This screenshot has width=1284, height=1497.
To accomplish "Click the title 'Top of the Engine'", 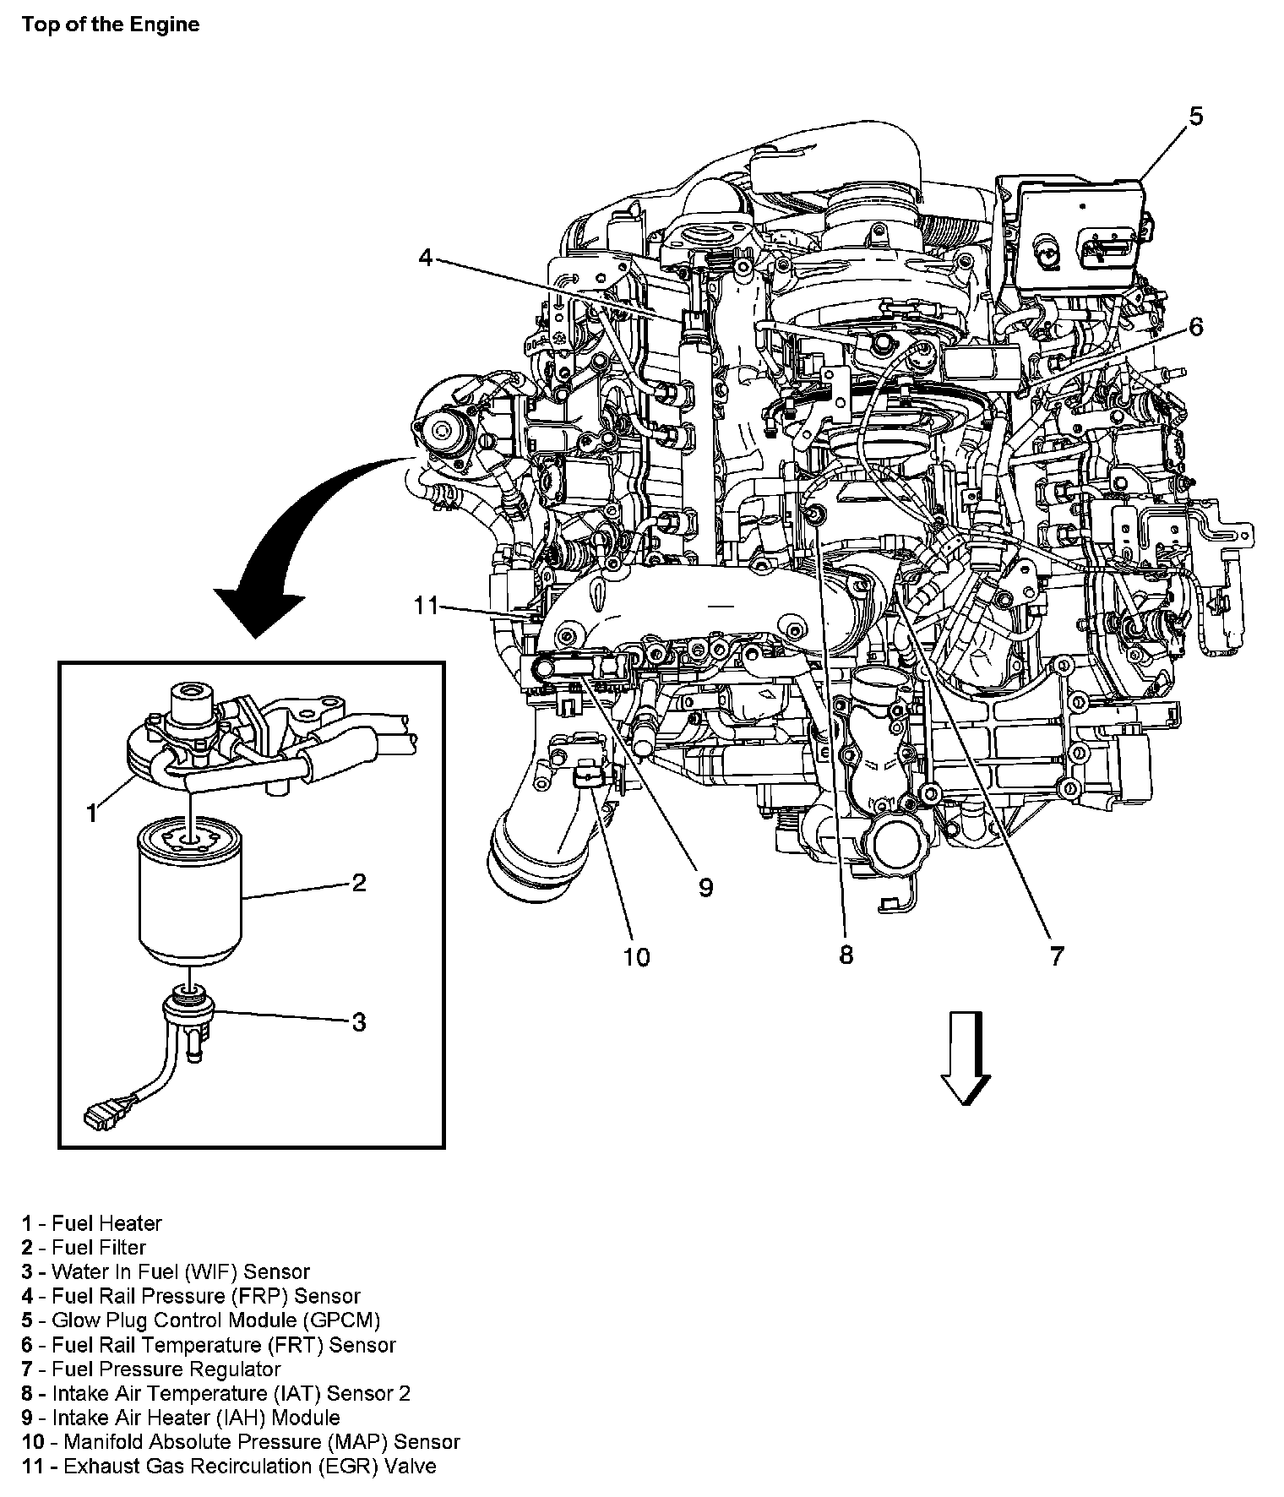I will click(x=111, y=24).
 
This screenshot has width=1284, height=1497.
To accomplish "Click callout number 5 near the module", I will click(x=1195, y=117).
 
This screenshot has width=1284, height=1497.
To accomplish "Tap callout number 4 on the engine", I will click(x=426, y=257).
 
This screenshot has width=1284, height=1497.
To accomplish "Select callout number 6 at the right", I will click(x=1195, y=326).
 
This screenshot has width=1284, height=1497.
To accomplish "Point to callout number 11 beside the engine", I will click(x=427, y=606).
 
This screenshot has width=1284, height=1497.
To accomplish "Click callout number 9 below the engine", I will click(x=705, y=887).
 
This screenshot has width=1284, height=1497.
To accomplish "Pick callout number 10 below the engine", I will click(x=636, y=956).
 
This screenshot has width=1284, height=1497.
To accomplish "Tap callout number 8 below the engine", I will click(x=846, y=955).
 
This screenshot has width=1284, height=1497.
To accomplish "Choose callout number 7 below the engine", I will click(x=1057, y=955).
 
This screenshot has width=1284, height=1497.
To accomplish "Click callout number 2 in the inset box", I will click(x=359, y=883).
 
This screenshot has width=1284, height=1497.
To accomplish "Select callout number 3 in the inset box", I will click(x=359, y=1022).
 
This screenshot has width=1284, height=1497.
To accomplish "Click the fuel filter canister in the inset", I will click(x=189, y=895).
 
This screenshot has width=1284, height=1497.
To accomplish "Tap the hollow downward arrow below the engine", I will click(x=966, y=1059).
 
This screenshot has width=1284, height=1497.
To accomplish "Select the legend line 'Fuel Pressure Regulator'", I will click(x=152, y=1369).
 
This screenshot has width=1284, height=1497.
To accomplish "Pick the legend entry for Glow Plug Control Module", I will click(x=201, y=1320).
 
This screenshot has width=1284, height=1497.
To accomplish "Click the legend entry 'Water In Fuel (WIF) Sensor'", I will click(x=166, y=1271).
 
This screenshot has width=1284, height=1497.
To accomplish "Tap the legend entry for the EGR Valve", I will click(x=229, y=1466).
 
